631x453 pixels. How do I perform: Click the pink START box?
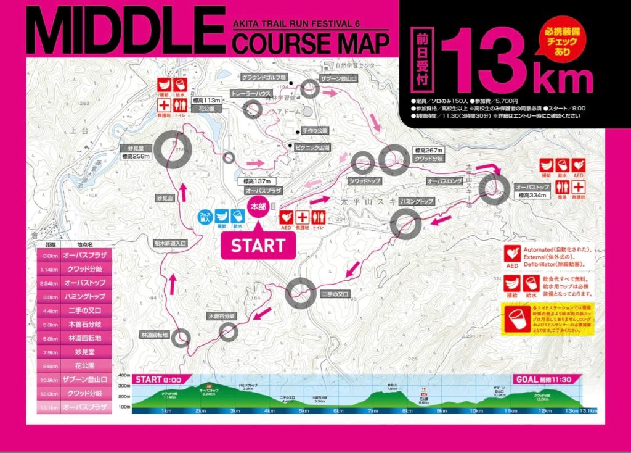tap(258, 245)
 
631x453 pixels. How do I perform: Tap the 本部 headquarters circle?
tap(259, 207)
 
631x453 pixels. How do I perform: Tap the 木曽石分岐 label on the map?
tap(221, 316)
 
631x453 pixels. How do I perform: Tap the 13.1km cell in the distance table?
tap(47, 407)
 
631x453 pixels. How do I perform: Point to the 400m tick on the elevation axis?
tap(123, 375)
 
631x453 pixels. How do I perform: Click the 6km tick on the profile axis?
tap(338, 410)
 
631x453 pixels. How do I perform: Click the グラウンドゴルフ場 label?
tap(264, 77)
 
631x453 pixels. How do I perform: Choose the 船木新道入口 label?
tap(171, 244)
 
